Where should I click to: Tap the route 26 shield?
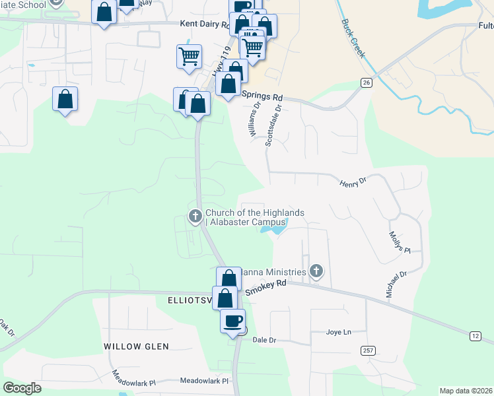[x=366, y=82]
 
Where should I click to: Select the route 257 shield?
[x=367, y=350]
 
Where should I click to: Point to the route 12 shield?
[x=476, y=337]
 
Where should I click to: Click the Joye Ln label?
[x=338, y=332]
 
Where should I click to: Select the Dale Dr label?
[x=263, y=340]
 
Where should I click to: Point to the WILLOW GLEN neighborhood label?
[x=136, y=346]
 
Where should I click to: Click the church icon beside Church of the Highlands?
[x=195, y=216]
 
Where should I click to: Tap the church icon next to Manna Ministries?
[x=316, y=271]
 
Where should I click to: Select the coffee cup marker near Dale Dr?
[x=232, y=321]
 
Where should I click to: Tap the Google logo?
[x=22, y=388]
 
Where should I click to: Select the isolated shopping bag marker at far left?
[x=65, y=100]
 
